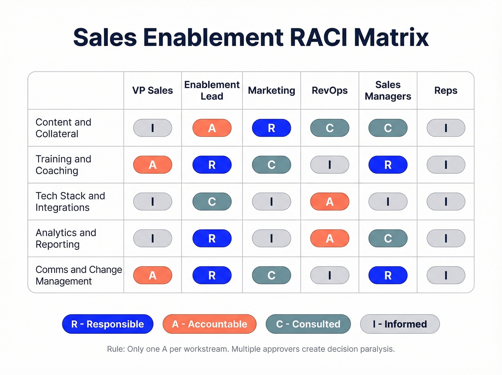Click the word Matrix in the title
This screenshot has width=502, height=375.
[x=391, y=37]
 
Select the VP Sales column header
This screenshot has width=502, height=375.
[x=152, y=90]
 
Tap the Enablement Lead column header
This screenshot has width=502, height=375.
[x=212, y=90]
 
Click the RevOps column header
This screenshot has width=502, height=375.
[x=330, y=90]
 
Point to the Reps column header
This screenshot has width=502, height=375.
[x=446, y=90]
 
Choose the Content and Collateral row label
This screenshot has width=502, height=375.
[x=63, y=128]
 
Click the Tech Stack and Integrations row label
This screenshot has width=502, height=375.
[x=70, y=202]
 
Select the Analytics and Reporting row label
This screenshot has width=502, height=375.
[x=66, y=238]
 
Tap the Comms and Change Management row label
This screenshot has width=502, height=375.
[x=79, y=275]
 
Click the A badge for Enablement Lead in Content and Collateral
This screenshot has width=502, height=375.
[x=212, y=128]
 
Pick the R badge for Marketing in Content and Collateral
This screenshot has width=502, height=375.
[x=271, y=128]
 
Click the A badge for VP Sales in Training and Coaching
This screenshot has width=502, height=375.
[x=152, y=165]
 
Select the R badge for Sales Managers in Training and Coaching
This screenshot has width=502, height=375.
[x=388, y=165]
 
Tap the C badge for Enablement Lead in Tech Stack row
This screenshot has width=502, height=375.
[x=212, y=202]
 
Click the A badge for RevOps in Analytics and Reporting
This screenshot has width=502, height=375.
[x=330, y=238]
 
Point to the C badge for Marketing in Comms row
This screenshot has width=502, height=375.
[x=271, y=275]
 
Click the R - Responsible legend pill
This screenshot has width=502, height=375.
[x=108, y=324]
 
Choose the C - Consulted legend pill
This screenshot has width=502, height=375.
[x=308, y=324]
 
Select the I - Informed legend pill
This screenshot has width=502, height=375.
[x=400, y=324]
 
